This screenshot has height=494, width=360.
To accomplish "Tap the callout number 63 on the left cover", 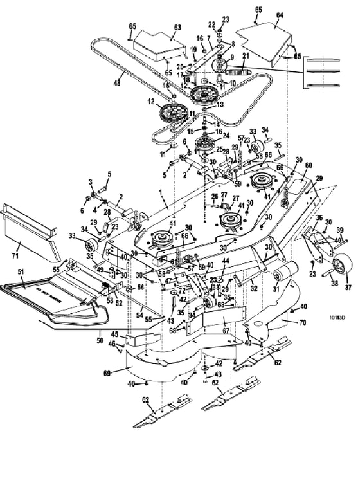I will (x=177, y=28).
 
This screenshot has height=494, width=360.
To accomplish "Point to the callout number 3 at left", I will (x=91, y=182).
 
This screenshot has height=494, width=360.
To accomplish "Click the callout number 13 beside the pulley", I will (x=221, y=105).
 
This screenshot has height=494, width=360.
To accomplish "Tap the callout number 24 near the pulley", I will (x=225, y=136).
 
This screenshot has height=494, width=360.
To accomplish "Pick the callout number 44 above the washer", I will (x=226, y=261).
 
